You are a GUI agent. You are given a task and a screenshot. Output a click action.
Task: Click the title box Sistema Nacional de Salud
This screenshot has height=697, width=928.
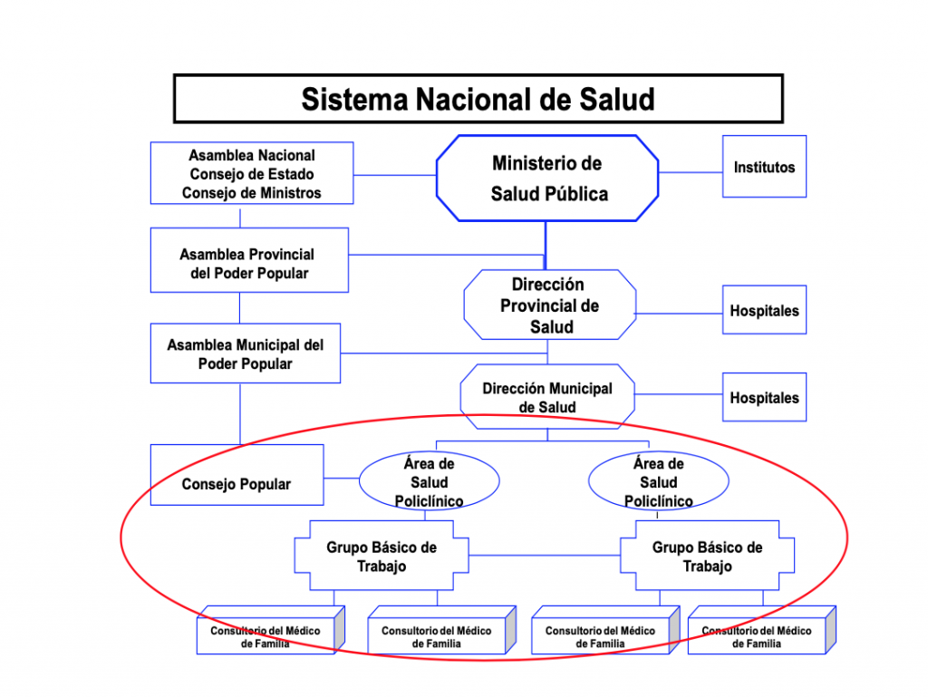[478, 99]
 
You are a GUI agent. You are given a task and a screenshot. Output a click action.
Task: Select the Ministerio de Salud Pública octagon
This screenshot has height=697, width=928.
[547, 178]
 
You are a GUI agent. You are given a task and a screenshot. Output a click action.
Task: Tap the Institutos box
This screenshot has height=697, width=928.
[764, 166]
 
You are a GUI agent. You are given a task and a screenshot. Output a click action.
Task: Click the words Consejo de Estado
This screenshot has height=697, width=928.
[252, 174]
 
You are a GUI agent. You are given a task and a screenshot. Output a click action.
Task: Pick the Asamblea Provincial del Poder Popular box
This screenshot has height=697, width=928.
[249, 260]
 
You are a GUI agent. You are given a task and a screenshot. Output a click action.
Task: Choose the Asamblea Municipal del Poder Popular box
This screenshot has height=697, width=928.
[245, 353]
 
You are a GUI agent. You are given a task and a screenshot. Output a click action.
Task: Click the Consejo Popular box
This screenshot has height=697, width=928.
[237, 475]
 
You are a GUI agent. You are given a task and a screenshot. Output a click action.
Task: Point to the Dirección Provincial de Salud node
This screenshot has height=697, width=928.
[550, 305]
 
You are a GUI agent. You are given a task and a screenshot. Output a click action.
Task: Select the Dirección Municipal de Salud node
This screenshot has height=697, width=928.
[547, 396]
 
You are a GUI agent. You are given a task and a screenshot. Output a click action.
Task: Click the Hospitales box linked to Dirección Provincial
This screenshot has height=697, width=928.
[764, 309]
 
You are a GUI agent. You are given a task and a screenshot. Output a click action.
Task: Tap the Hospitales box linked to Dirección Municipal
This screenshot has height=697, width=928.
[764, 397]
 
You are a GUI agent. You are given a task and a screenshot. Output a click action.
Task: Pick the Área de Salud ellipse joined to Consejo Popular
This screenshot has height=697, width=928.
[429, 481]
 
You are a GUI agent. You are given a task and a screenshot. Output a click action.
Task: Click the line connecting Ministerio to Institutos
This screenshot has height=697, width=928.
[691, 173]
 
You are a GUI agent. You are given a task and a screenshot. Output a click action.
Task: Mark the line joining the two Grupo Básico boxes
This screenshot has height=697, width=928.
[545, 556]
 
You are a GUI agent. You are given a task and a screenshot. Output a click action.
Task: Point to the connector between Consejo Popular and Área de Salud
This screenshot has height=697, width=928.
[342, 478]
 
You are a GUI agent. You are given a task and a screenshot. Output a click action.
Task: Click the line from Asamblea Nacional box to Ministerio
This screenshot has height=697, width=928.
[395, 175]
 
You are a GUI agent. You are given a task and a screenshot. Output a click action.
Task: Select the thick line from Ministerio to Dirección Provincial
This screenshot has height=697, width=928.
[546, 246]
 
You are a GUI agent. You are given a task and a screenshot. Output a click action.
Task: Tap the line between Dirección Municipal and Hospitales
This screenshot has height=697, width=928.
[678, 394]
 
